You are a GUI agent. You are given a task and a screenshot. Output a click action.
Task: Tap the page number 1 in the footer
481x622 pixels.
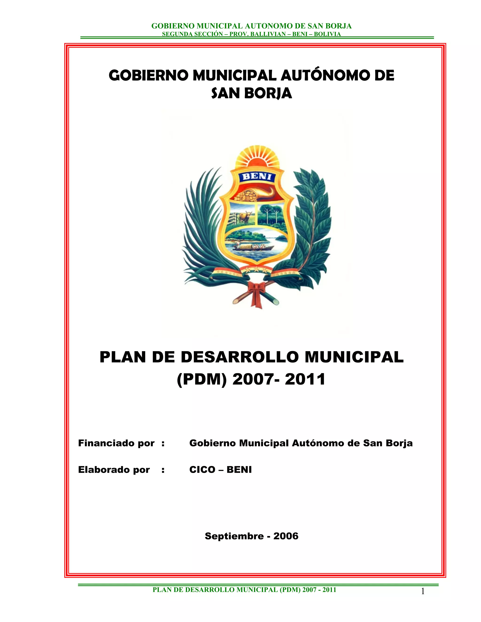(423, 592)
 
